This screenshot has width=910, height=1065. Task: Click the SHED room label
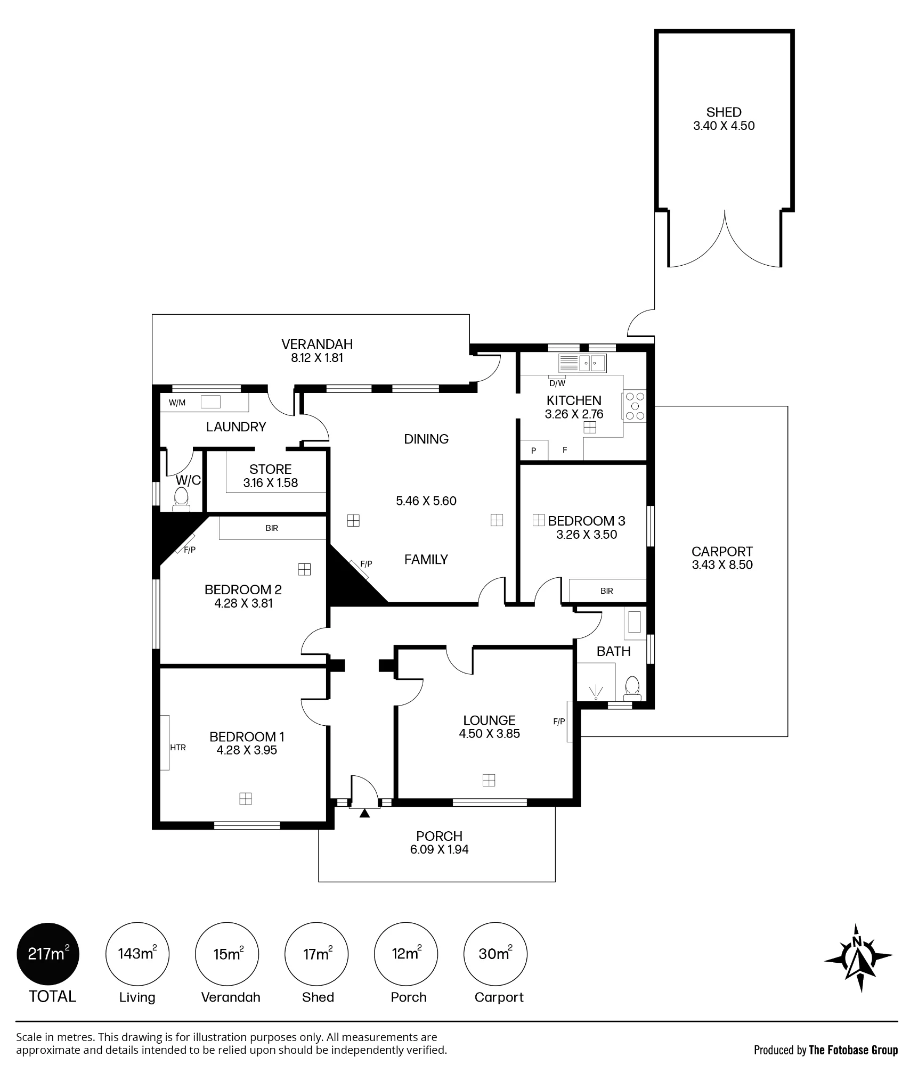click(724, 112)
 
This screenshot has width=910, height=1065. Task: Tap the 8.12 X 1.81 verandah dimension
click(317, 358)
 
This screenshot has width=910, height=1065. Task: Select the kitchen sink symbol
click(582, 364)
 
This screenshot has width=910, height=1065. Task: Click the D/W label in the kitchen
click(557, 383)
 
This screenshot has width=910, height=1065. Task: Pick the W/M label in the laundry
click(177, 403)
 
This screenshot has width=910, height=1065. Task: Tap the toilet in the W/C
click(181, 499)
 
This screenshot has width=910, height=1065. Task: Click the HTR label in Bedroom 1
click(178, 748)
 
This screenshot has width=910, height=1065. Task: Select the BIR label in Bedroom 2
click(272, 528)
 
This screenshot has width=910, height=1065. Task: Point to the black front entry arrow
click(365, 813)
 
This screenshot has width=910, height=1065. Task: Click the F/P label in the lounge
click(559, 722)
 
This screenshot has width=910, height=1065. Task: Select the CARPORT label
click(722, 552)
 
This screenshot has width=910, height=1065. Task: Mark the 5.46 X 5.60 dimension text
click(426, 501)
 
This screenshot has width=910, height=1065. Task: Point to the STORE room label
click(271, 469)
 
